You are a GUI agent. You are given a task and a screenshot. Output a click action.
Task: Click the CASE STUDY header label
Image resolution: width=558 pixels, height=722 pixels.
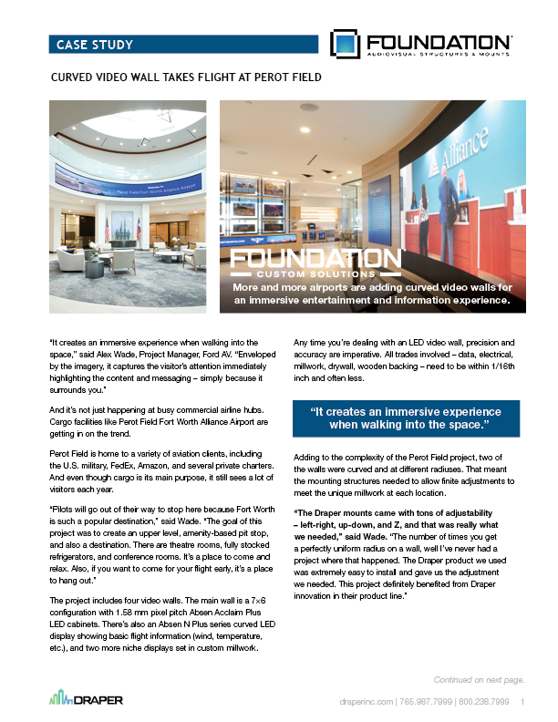95,45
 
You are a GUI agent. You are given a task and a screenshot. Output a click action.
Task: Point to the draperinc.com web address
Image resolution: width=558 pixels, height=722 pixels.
365,702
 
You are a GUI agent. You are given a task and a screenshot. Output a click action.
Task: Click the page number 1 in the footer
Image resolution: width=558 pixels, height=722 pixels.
523,702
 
